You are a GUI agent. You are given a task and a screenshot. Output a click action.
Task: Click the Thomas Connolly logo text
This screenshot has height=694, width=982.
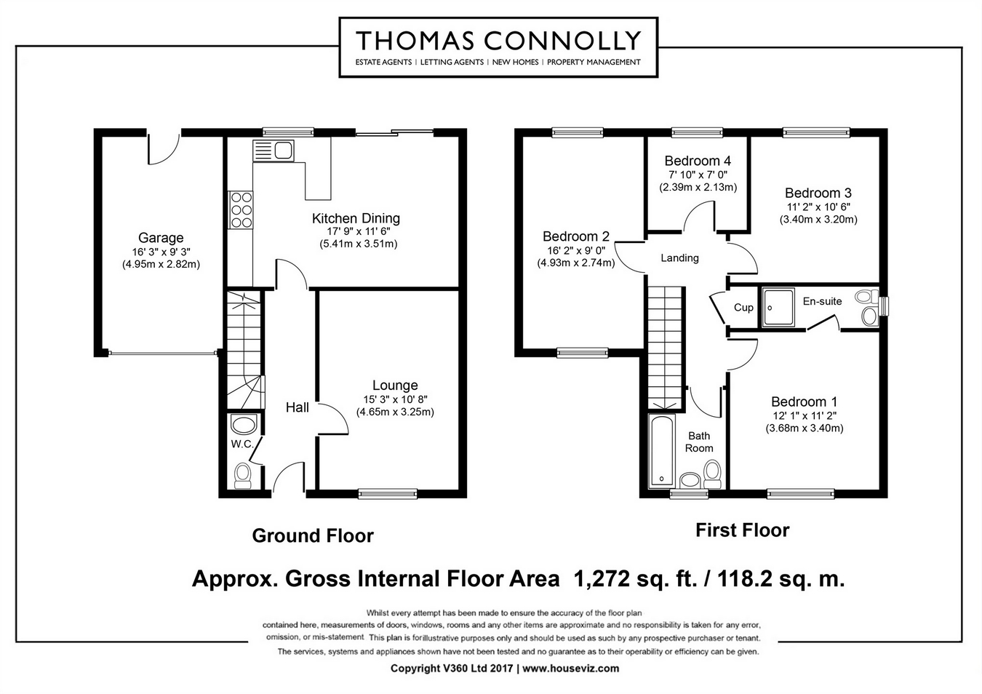pyautogui.click(x=498, y=41)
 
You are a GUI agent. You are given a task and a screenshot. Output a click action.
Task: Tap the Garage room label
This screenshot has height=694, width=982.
pyautogui.click(x=161, y=238)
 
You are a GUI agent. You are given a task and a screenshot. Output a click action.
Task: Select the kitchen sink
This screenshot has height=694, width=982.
pyautogui.click(x=273, y=151)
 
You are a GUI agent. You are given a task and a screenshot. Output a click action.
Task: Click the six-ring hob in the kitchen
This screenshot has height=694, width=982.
pyautogui.click(x=241, y=210)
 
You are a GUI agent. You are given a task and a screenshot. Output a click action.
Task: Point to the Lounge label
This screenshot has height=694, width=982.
pyautogui.click(x=395, y=386)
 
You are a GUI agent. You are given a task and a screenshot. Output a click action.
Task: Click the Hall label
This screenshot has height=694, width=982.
pyautogui.click(x=298, y=407)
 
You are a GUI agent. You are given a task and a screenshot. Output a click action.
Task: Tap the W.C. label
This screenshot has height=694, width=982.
pyautogui.click(x=242, y=444)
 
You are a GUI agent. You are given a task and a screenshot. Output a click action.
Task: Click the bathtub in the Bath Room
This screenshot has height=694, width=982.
pyautogui.click(x=662, y=451)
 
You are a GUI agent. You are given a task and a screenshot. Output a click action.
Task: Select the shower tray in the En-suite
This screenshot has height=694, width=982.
pyautogui.click(x=778, y=307)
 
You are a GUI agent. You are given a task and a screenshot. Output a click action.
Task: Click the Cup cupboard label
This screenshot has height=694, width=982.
pyautogui.click(x=743, y=308)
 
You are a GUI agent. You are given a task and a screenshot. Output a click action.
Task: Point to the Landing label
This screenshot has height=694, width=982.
pyautogui.click(x=679, y=258)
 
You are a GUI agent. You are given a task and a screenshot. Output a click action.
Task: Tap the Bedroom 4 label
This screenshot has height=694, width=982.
pyautogui.click(x=698, y=161)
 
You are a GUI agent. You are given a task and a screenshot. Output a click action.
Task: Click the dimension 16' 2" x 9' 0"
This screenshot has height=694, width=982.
pyautogui.click(x=576, y=251)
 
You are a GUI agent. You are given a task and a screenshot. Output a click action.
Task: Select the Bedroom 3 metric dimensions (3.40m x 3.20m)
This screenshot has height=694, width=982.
pyautogui.click(x=818, y=219)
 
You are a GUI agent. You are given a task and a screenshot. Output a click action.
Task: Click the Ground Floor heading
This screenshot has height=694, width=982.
pyautogui.click(x=313, y=535)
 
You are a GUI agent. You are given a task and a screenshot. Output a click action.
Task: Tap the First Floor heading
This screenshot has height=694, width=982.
pyautogui.click(x=742, y=530)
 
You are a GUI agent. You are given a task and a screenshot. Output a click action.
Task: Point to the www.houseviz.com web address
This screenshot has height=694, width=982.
pyautogui.click(x=571, y=669)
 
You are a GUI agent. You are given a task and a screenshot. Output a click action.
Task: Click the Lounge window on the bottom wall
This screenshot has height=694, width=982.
pyautogui.click(x=388, y=494)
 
